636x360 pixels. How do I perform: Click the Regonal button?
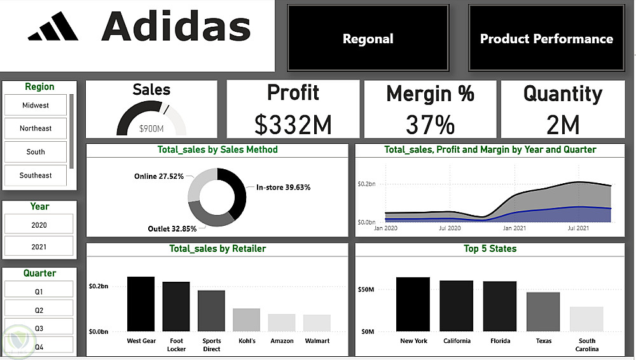(x=368, y=39)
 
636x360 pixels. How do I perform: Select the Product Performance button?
(x=546, y=39)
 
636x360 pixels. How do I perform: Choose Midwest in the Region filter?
(x=36, y=105)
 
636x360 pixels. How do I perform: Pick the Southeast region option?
(x=36, y=175)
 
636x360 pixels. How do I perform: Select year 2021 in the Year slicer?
(x=39, y=246)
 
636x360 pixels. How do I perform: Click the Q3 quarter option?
(x=39, y=328)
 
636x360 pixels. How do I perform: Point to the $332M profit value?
(x=293, y=125)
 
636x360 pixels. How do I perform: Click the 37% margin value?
(x=430, y=125)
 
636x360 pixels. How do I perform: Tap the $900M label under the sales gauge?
(x=151, y=129)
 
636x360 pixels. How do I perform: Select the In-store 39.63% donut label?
(x=283, y=188)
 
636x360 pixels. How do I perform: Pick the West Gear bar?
(x=141, y=304)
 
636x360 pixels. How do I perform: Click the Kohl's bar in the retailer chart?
(x=246, y=320)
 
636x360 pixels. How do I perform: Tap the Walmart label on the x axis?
(x=317, y=341)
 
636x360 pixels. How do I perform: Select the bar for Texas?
(x=543, y=312)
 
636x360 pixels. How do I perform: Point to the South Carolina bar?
(x=586, y=319)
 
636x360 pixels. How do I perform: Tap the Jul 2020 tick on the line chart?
(x=449, y=227)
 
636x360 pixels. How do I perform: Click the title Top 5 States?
(x=490, y=249)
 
